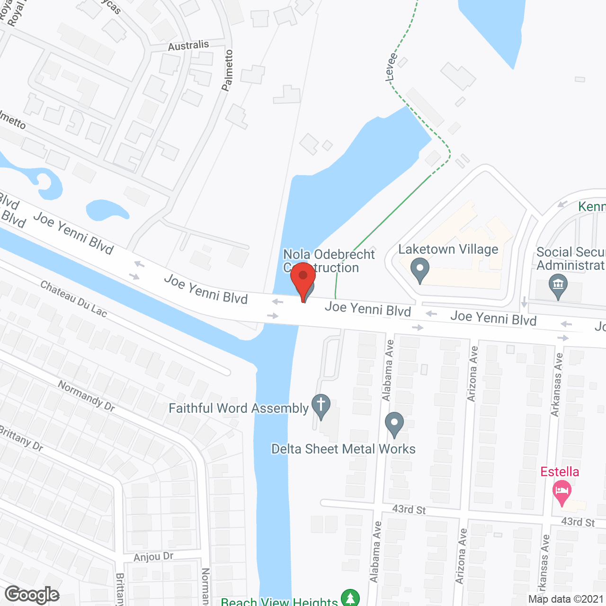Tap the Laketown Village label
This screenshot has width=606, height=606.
448,250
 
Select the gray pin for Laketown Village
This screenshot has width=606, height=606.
419,271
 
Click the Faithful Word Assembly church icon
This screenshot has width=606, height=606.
321,406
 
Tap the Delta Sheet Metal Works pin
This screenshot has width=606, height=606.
394,424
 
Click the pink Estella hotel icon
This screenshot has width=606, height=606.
562,493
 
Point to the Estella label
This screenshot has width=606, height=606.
560,472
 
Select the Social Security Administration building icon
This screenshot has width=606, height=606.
558,286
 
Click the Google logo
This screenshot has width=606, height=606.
32,595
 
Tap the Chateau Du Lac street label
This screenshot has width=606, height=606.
73,299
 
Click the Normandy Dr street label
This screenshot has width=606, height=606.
86,396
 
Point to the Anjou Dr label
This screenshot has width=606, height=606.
153,556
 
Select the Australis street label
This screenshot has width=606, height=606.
188,45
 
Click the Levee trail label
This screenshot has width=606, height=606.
391,67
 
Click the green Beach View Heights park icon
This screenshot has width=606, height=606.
350,597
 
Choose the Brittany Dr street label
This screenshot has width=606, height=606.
21,438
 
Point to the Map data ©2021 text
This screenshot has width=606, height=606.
566,599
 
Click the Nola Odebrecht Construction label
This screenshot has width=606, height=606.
329,261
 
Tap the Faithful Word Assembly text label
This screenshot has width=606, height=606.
239,408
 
